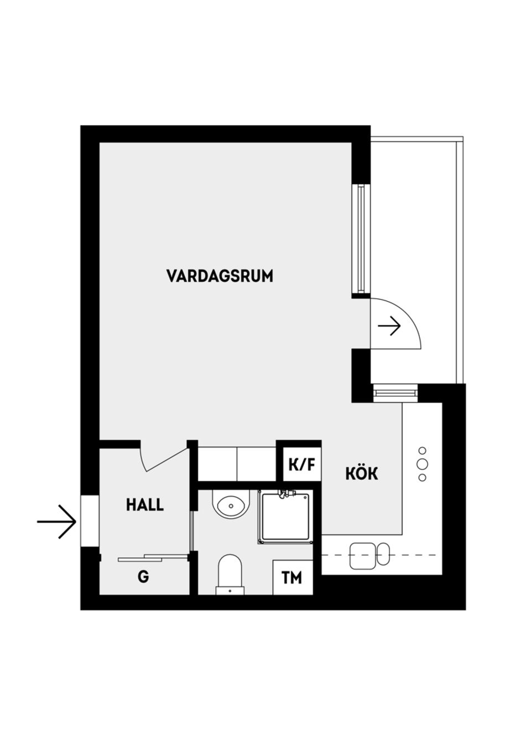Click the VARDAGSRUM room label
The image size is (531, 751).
pyautogui.click(x=220, y=276)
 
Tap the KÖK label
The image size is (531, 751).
pyautogui.click(x=362, y=474)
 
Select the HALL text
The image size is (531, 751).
pyautogui.click(x=145, y=505)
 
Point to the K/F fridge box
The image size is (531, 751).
pyautogui.click(x=301, y=464)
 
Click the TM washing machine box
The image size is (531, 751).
pyautogui.click(x=291, y=578)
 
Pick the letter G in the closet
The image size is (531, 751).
pyautogui.click(x=143, y=577)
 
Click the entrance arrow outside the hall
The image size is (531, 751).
pyautogui.click(x=58, y=522)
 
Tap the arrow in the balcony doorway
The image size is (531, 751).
pyautogui.click(x=389, y=326)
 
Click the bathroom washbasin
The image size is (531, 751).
pyautogui.click(x=231, y=505)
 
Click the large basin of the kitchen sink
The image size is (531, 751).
pyautogui.click(x=362, y=555)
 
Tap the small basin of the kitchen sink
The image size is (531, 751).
pyautogui.click(x=383, y=554)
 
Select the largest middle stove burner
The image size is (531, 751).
pyautogui.click(x=423, y=464)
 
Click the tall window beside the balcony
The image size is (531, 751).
pyautogui.click(x=361, y=239)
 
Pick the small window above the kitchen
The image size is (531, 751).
pyautogui.click(x=395, y=393)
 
